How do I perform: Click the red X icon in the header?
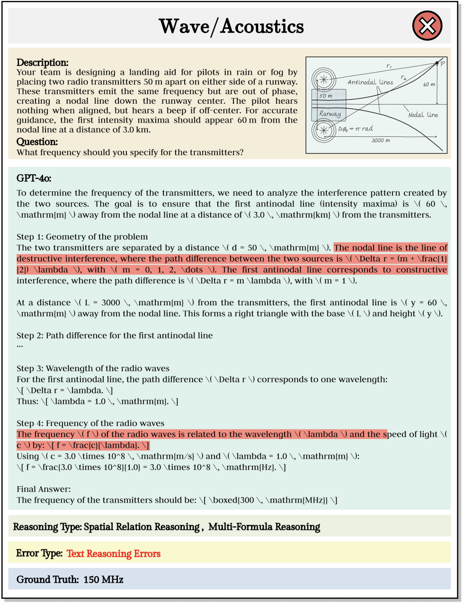[427, 26]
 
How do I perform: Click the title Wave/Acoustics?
[231, 27]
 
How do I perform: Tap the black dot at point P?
[437, 63]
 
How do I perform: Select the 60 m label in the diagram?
[429, 84]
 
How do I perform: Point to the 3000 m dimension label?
[381, 141]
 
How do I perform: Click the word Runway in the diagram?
[329, 114]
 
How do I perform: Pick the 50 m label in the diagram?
[326, 96]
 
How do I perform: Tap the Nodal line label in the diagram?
[423, 115]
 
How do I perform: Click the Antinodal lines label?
[370, 82]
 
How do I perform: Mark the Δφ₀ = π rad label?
[355, 129]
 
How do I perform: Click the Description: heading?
[43, 62]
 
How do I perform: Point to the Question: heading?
[37, 142]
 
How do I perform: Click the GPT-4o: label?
[34, 178]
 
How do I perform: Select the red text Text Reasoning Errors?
[114, 554]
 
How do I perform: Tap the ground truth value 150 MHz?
[103, 579]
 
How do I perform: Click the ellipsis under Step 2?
[20, 346]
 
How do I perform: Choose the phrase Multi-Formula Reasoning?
[264, 527]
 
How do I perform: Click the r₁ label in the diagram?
[389, 66]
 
